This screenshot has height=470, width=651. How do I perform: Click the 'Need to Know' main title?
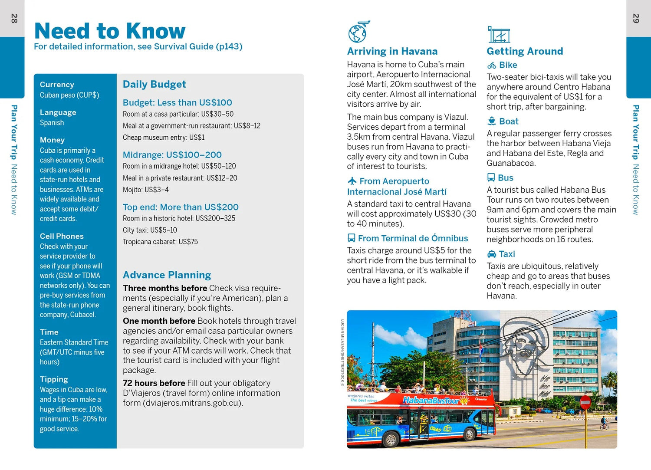(110, 31)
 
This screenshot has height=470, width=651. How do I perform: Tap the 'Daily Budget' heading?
(154, 84)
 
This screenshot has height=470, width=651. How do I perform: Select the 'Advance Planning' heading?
(167, 275)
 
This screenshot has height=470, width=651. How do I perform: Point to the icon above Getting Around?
(499, 34)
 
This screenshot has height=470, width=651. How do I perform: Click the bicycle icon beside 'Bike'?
(492, 66)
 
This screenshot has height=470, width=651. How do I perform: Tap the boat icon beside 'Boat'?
(492, 121)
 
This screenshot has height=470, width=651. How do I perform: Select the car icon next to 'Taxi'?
(492, 254)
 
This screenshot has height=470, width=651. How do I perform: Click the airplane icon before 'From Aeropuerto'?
(352, 181)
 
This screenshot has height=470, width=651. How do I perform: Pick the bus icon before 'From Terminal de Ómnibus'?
(352, 238)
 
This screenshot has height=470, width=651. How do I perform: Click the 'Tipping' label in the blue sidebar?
(54, 379)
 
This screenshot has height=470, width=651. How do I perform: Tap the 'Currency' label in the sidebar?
(57, 85)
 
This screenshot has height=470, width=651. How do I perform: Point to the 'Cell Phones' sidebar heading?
(62, 236)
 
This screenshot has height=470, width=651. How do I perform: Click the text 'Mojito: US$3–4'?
(146, 190)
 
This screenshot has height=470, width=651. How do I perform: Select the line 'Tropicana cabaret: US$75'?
(160, 242)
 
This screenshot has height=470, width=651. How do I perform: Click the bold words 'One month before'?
(159, 321)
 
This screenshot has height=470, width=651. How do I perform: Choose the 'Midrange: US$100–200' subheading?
(172, 155)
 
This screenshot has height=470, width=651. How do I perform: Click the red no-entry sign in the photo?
(585, 402)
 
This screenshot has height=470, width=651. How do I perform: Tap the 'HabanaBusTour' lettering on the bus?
(431, 400)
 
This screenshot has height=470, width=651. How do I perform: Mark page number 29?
(636, 19)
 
